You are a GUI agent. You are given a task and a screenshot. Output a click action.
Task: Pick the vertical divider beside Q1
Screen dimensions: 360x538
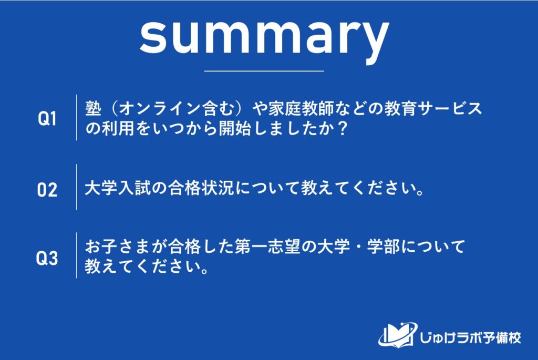point(77,118)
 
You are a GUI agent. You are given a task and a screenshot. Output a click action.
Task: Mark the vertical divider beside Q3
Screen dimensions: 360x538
point(77,255)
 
